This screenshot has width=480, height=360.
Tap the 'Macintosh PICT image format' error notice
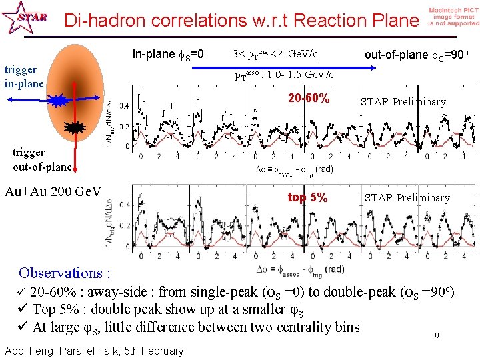tap(453, 17)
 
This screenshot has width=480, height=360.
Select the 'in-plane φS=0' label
tap(169, 54)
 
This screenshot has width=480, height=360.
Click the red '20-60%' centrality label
tap(309, 99)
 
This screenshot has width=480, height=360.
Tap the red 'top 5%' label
tap(307, 197)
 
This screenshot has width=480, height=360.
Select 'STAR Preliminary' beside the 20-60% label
tap(403, 102)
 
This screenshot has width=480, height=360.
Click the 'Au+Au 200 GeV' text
tap(53, 192)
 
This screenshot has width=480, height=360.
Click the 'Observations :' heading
tap(64, 273)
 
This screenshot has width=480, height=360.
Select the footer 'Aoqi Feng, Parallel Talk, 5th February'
tap(93, 351)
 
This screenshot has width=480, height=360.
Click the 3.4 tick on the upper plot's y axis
tap(124, 105)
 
